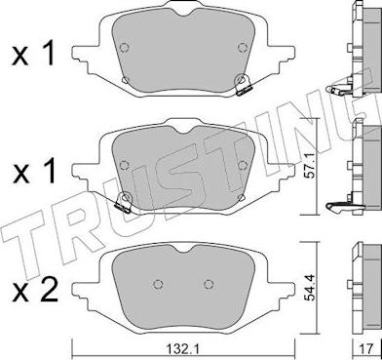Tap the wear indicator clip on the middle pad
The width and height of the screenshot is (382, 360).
(124, 206)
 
